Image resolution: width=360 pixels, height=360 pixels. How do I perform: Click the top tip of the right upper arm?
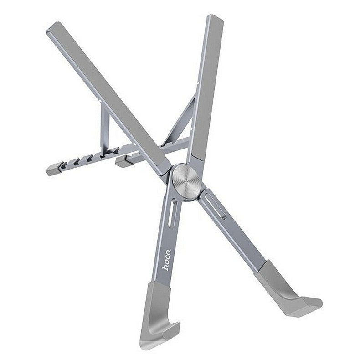coord(215,18)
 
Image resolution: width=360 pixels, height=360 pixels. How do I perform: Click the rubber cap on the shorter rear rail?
coord(124,161)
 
